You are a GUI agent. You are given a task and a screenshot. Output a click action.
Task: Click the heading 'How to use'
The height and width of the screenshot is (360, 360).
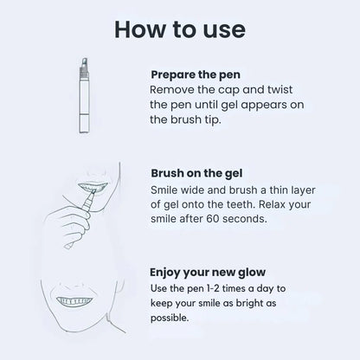179,29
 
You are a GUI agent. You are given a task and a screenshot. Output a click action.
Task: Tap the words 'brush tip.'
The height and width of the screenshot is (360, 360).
203,120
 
